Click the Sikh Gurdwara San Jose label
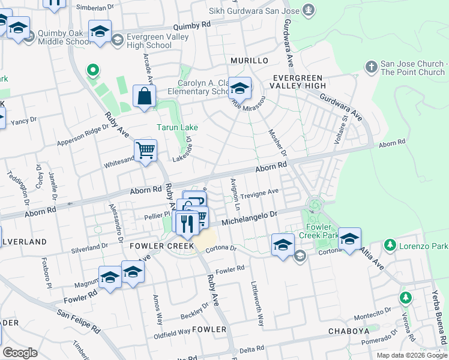pos(254,11)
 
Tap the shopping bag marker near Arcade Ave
pos(145,97)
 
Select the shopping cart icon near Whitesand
pos(146,151)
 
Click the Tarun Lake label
pos(177,127)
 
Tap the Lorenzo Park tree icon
pos(390,245)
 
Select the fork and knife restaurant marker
pos(187,223)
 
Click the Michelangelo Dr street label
pos(252,218)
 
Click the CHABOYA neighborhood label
pos(348,331)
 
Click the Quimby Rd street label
pos(192,26)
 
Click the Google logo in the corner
pos(20,353)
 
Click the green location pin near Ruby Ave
pos(92,72)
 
